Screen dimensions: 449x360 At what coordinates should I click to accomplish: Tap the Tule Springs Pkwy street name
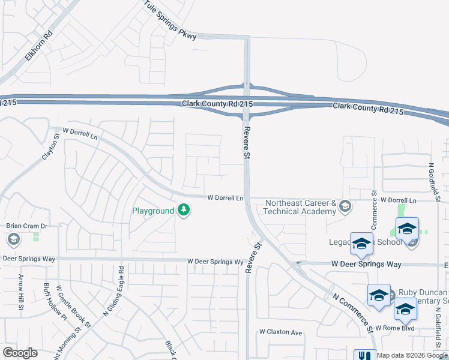coord(170,20)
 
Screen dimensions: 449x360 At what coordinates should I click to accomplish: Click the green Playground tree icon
coord(184,211)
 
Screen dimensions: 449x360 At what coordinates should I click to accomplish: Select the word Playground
coord(153,211)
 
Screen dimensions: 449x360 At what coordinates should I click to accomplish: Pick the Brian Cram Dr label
coord(26,226)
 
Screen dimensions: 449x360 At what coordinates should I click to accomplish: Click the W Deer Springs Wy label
coord(215,262)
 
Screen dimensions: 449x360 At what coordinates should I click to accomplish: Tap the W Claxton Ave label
coord(280,332)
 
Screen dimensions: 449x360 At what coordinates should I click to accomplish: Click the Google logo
coord(20,353)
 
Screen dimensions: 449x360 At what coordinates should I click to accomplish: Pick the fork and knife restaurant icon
coord(364,355)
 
